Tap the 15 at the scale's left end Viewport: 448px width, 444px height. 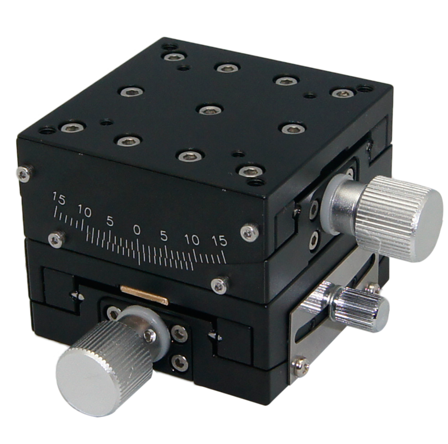coord(58,198)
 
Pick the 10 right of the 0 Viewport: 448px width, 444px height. coord(192,240)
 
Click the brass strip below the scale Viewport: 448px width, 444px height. coord(144,294)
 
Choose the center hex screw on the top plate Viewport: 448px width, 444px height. coord(208,109)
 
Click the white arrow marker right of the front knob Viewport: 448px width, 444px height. coord(212,336)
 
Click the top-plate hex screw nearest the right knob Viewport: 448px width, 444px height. coord(249,170)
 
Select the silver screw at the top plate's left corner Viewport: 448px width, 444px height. coord(24,174)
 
